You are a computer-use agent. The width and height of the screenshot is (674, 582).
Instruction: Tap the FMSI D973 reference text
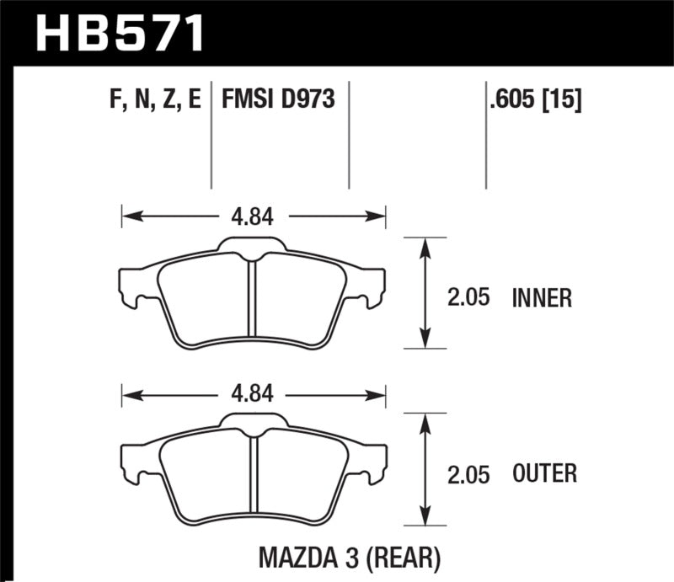[278, 101]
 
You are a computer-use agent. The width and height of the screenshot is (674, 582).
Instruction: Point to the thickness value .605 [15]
[534, 101]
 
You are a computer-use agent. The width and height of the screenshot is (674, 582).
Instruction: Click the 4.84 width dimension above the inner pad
[252, 216]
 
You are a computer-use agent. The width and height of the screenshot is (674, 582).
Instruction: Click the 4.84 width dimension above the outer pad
[252, 393]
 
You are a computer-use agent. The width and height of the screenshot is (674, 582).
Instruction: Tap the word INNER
[542, 297]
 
